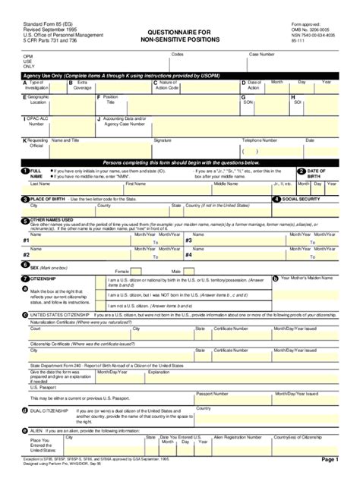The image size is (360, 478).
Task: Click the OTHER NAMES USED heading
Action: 52,219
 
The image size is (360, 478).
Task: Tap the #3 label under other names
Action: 188,240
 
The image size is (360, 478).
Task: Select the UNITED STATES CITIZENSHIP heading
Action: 59,314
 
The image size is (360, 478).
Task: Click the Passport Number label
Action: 213,394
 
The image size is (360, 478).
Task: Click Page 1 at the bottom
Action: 330,460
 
